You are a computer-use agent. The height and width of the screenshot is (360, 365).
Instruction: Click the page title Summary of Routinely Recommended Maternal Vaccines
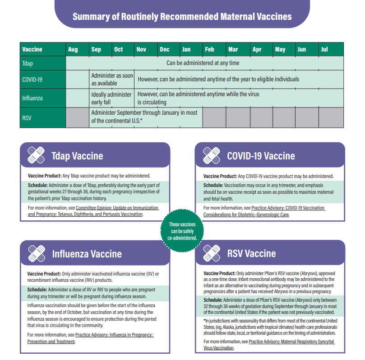(182, 17)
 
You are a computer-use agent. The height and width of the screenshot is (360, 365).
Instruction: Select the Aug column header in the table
(73, 49)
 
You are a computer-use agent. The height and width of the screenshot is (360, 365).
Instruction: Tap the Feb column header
(209, 49)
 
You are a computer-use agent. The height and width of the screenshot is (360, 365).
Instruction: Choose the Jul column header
(324, 49)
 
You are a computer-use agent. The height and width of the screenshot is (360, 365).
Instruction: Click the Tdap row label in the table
(28, 63)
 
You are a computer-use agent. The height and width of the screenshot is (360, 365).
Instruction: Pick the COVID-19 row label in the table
(32, 79)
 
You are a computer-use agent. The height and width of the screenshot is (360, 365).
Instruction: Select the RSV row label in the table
(27, 117)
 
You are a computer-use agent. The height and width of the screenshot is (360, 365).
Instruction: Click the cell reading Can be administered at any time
(203, 63)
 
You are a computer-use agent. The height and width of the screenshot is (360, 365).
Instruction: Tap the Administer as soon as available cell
(112, 79)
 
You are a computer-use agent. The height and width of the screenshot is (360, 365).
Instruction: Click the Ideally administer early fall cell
(111, 98)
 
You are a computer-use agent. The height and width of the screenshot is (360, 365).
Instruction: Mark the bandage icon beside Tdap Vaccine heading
(37, 155)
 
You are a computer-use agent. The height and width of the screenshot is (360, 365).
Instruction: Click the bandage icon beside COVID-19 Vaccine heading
(212, 155)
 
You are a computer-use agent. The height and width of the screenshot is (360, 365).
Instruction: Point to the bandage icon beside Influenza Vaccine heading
(37, 253)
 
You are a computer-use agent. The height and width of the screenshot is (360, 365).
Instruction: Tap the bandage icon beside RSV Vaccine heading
(212, 253)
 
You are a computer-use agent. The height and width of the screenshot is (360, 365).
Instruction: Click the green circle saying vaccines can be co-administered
(182, 231)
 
